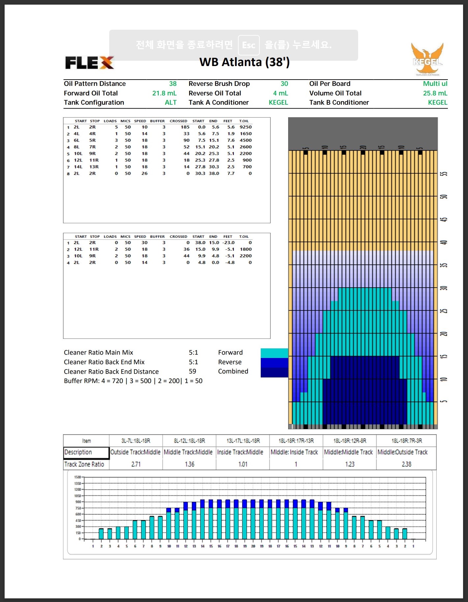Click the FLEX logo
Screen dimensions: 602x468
[89, 62]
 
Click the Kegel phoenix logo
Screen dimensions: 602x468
[427, 59]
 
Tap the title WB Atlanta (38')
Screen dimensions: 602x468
[244, 62]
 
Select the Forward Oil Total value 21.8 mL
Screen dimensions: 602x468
[164, 93]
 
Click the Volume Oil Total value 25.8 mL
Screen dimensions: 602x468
[435, 93]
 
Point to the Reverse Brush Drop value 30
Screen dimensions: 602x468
[284, 84]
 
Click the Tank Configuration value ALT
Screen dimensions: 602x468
[171, 102]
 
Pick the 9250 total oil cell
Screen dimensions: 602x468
[246, 127]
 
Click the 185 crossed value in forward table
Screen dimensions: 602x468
[185, 127]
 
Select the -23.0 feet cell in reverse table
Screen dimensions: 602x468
[228, 242]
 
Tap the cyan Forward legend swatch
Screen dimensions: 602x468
[274, 353]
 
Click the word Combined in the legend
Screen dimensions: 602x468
[233, 371]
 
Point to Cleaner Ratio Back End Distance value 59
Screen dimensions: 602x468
[192, 372]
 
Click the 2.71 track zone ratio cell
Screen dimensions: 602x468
[136, 464]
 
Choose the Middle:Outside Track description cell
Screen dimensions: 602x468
[403, 452]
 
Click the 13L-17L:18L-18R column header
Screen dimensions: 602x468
[243, 441]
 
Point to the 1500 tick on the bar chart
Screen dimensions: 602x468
[78, 477]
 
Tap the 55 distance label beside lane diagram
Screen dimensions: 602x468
[444, 174]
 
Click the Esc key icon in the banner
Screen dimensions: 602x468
[249, 45]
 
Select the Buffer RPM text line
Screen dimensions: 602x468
[133, 381]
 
